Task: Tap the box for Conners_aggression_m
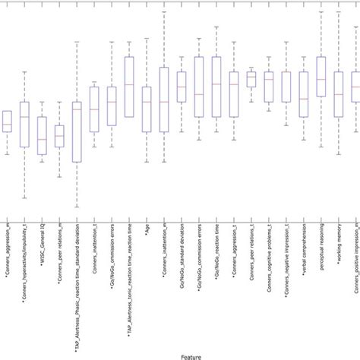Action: coord(7,122)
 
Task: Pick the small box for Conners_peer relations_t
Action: coord(251,79)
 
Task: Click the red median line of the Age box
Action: coord(147,101)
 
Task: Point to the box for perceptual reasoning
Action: coord(321,77)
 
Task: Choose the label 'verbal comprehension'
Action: coord(304,251)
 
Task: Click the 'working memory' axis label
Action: coord(338,244)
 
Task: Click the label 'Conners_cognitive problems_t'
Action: coord(269,265)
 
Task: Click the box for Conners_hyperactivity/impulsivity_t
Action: coord(25,125)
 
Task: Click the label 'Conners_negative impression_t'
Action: coord(286,266)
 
